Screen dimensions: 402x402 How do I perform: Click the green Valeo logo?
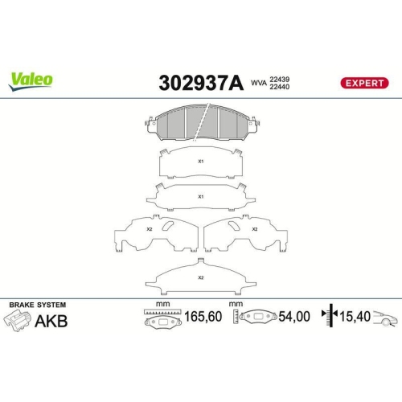tap(31, 79)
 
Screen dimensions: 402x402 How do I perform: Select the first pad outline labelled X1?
tap(201, 164)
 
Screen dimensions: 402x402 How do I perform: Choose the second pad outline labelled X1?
tap(201, 196)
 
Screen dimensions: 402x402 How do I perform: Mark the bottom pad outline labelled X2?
tap(201, 277)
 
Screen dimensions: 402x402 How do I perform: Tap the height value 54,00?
tap(293, 318)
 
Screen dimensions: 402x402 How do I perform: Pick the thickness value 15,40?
tap(355, 318)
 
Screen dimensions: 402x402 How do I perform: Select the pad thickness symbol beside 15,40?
tap(326, 318)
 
